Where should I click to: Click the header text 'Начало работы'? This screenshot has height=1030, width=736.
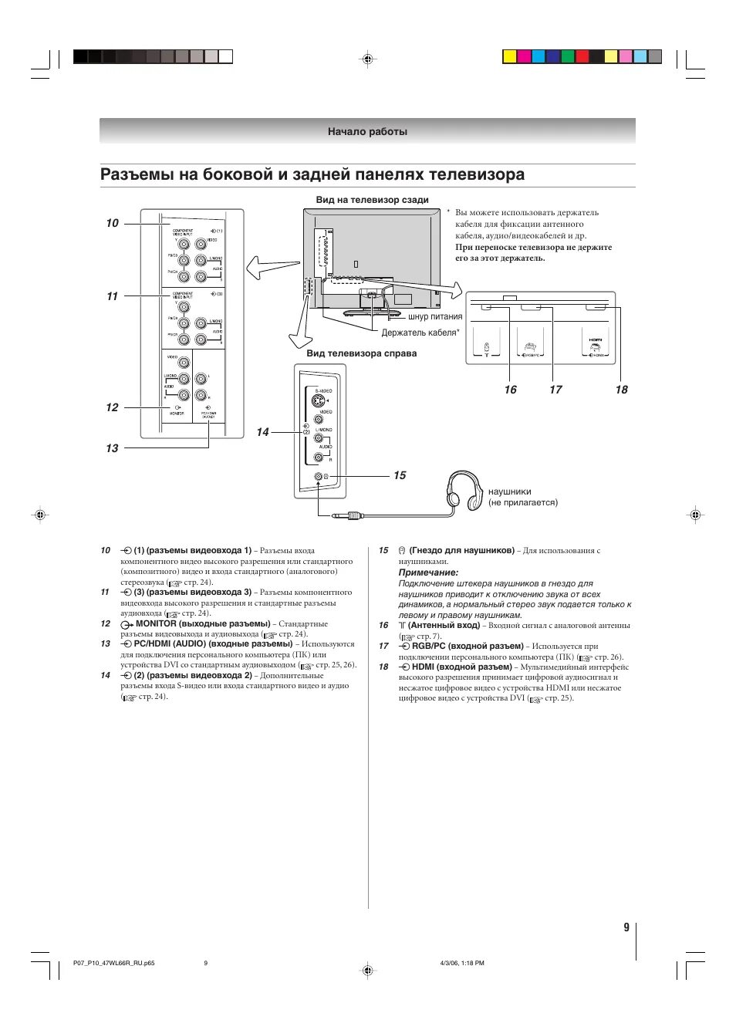(x=367, y=132)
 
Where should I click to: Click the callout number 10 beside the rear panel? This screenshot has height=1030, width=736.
(x=113, y=223)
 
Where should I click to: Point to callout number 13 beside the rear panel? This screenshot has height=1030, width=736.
(x=113, y=448)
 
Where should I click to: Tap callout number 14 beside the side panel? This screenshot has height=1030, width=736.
(x=263, y=432)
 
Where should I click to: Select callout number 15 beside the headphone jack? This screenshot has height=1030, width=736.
(x=400, y=475)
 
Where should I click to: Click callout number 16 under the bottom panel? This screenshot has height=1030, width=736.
(x=511, y=390)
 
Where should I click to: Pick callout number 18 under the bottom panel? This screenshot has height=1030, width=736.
(x=622, y=390)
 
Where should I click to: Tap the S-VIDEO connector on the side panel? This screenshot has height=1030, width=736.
(x=318, y=401)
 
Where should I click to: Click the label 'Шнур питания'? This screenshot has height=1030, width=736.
(x=435, y=317)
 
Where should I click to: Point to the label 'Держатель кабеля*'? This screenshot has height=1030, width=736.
(x=420, y=333)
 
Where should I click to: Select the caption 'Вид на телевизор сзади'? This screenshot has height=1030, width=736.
(x=372, y=200)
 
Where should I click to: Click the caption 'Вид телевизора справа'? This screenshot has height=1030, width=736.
(x=361, y=353)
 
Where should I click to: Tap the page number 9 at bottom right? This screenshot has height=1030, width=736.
(x=626, y=927)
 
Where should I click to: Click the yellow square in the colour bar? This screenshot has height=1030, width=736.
(x=509, y=56)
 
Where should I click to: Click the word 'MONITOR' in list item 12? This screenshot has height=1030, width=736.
(x=156, y=623)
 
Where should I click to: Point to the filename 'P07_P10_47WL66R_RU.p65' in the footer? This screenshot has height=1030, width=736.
(x=113, y=963)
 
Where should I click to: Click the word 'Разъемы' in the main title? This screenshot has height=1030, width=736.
(x=137, y=174)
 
